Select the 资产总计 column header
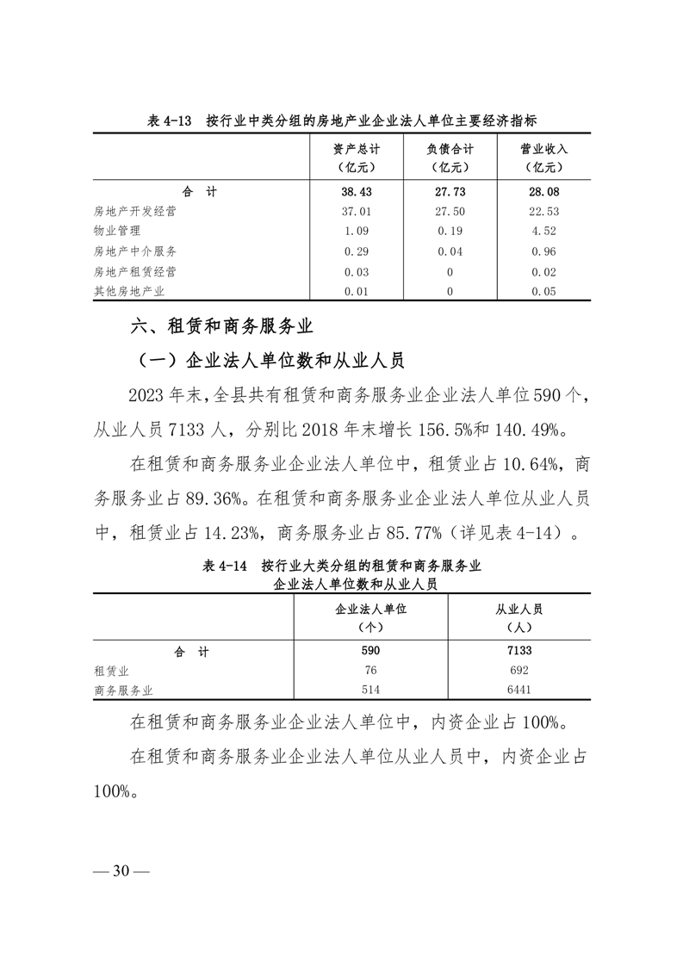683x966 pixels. [x=357, y=157]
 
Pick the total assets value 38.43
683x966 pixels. [x=357, y=191]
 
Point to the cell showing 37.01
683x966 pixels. [x=357, y=211]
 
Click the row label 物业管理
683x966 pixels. [x=117, y=231]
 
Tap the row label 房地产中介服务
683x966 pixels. [x=135, y=251]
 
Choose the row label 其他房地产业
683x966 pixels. [x=129, y=292]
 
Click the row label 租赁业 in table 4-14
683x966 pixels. [x=111, y=671]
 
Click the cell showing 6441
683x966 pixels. [x=518, y=690]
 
